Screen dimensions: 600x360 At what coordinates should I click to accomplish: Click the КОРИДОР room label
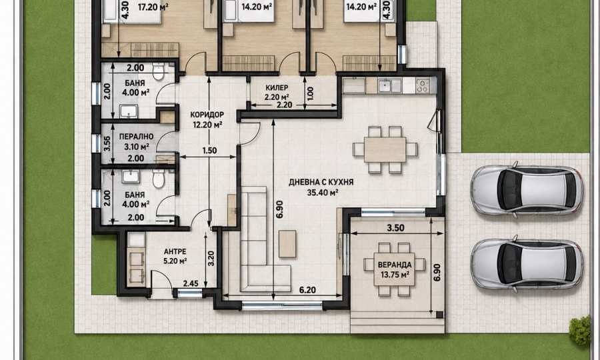point(207,115)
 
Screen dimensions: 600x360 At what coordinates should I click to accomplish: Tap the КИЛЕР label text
point(277,87)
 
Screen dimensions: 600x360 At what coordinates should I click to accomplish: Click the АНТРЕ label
point(175,251)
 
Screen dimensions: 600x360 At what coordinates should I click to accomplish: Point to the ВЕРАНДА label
point(395,265)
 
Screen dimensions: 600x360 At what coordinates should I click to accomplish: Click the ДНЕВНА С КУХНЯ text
point(321,183)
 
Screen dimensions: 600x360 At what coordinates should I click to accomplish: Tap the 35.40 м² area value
point(322,192)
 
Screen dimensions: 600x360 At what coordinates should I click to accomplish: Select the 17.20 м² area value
point(153,7)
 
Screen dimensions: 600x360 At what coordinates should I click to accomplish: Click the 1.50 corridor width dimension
point(209,151)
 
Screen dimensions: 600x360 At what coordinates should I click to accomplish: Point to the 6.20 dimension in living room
point(307,290)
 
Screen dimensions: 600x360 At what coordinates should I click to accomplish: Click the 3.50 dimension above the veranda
point(395,228)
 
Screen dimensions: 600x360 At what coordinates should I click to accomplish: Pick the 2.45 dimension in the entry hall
point(191,283)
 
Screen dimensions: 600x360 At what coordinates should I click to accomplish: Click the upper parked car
point(527,190)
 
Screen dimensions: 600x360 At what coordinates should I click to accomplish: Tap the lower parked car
point(527,264)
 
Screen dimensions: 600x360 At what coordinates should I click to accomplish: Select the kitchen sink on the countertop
point(389,85)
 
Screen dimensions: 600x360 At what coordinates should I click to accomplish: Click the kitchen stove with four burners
point(423,85)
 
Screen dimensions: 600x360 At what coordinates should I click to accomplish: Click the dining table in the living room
point(385,149)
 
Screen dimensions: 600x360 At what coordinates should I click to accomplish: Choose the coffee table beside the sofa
point(287,244)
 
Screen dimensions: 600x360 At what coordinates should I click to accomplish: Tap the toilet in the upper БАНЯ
point(158,71)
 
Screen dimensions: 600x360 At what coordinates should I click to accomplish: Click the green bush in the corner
point(579,331)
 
